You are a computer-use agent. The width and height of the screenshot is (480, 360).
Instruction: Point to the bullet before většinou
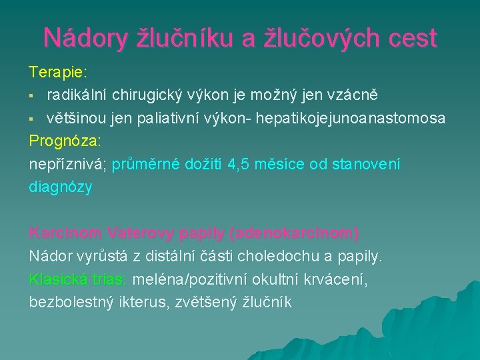tap(32, 119)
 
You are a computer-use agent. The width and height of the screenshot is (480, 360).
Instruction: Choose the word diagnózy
tap(61, 188)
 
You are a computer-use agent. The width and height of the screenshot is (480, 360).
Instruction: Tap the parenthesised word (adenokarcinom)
tap(294, 234)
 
